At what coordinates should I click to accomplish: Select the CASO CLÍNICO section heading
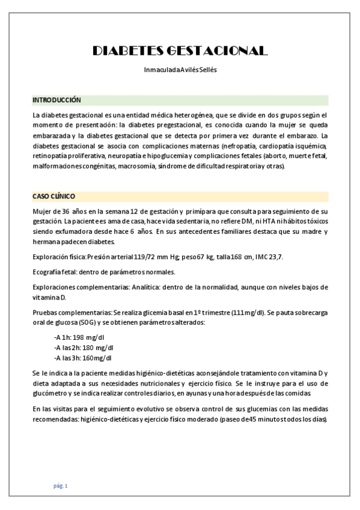click(x=54, y=197)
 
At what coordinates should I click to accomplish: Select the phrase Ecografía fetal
click(x=55, y=271)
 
